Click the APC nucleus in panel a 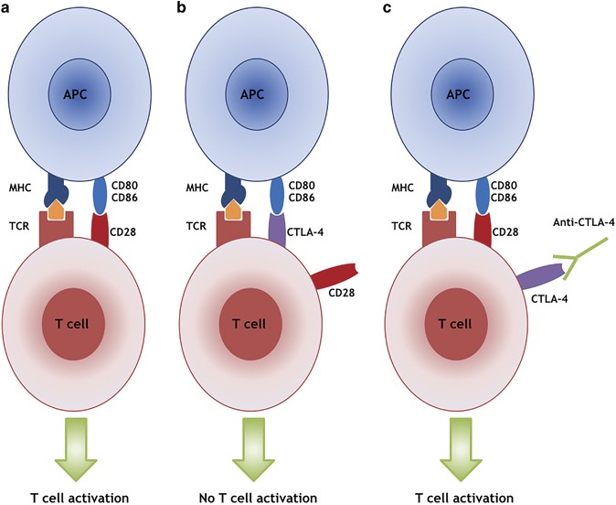80,94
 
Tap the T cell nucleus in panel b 250,324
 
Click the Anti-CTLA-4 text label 583,222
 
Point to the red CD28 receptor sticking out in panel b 335,275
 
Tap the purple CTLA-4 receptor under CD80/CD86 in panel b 277,230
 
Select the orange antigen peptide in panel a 56,210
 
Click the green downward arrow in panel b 253,449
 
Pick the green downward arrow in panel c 461,449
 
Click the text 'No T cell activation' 258,498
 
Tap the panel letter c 387,8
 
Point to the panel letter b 182,7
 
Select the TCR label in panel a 19,226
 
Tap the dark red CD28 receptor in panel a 100,230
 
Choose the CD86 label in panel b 302,198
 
